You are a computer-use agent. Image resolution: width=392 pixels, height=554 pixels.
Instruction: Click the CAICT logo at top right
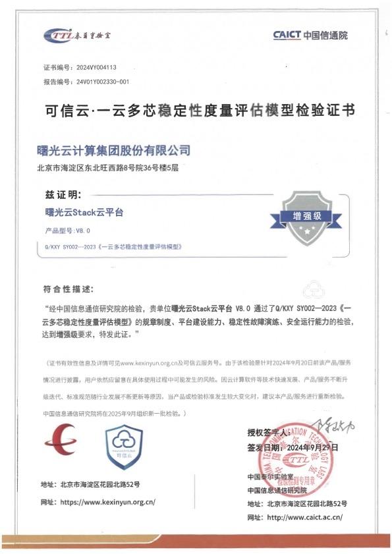click(310, 35)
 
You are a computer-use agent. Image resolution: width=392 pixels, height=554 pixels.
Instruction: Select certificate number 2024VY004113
click(97, 68)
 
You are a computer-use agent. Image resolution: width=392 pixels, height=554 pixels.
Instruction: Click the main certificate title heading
click(195, 110)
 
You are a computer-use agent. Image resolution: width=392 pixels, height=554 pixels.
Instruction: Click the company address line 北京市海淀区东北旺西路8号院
click(109, 167)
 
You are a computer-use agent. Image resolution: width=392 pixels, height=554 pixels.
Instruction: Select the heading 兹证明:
click(64, 196)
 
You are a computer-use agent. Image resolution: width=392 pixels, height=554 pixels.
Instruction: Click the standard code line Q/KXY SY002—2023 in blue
click(113, 246)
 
